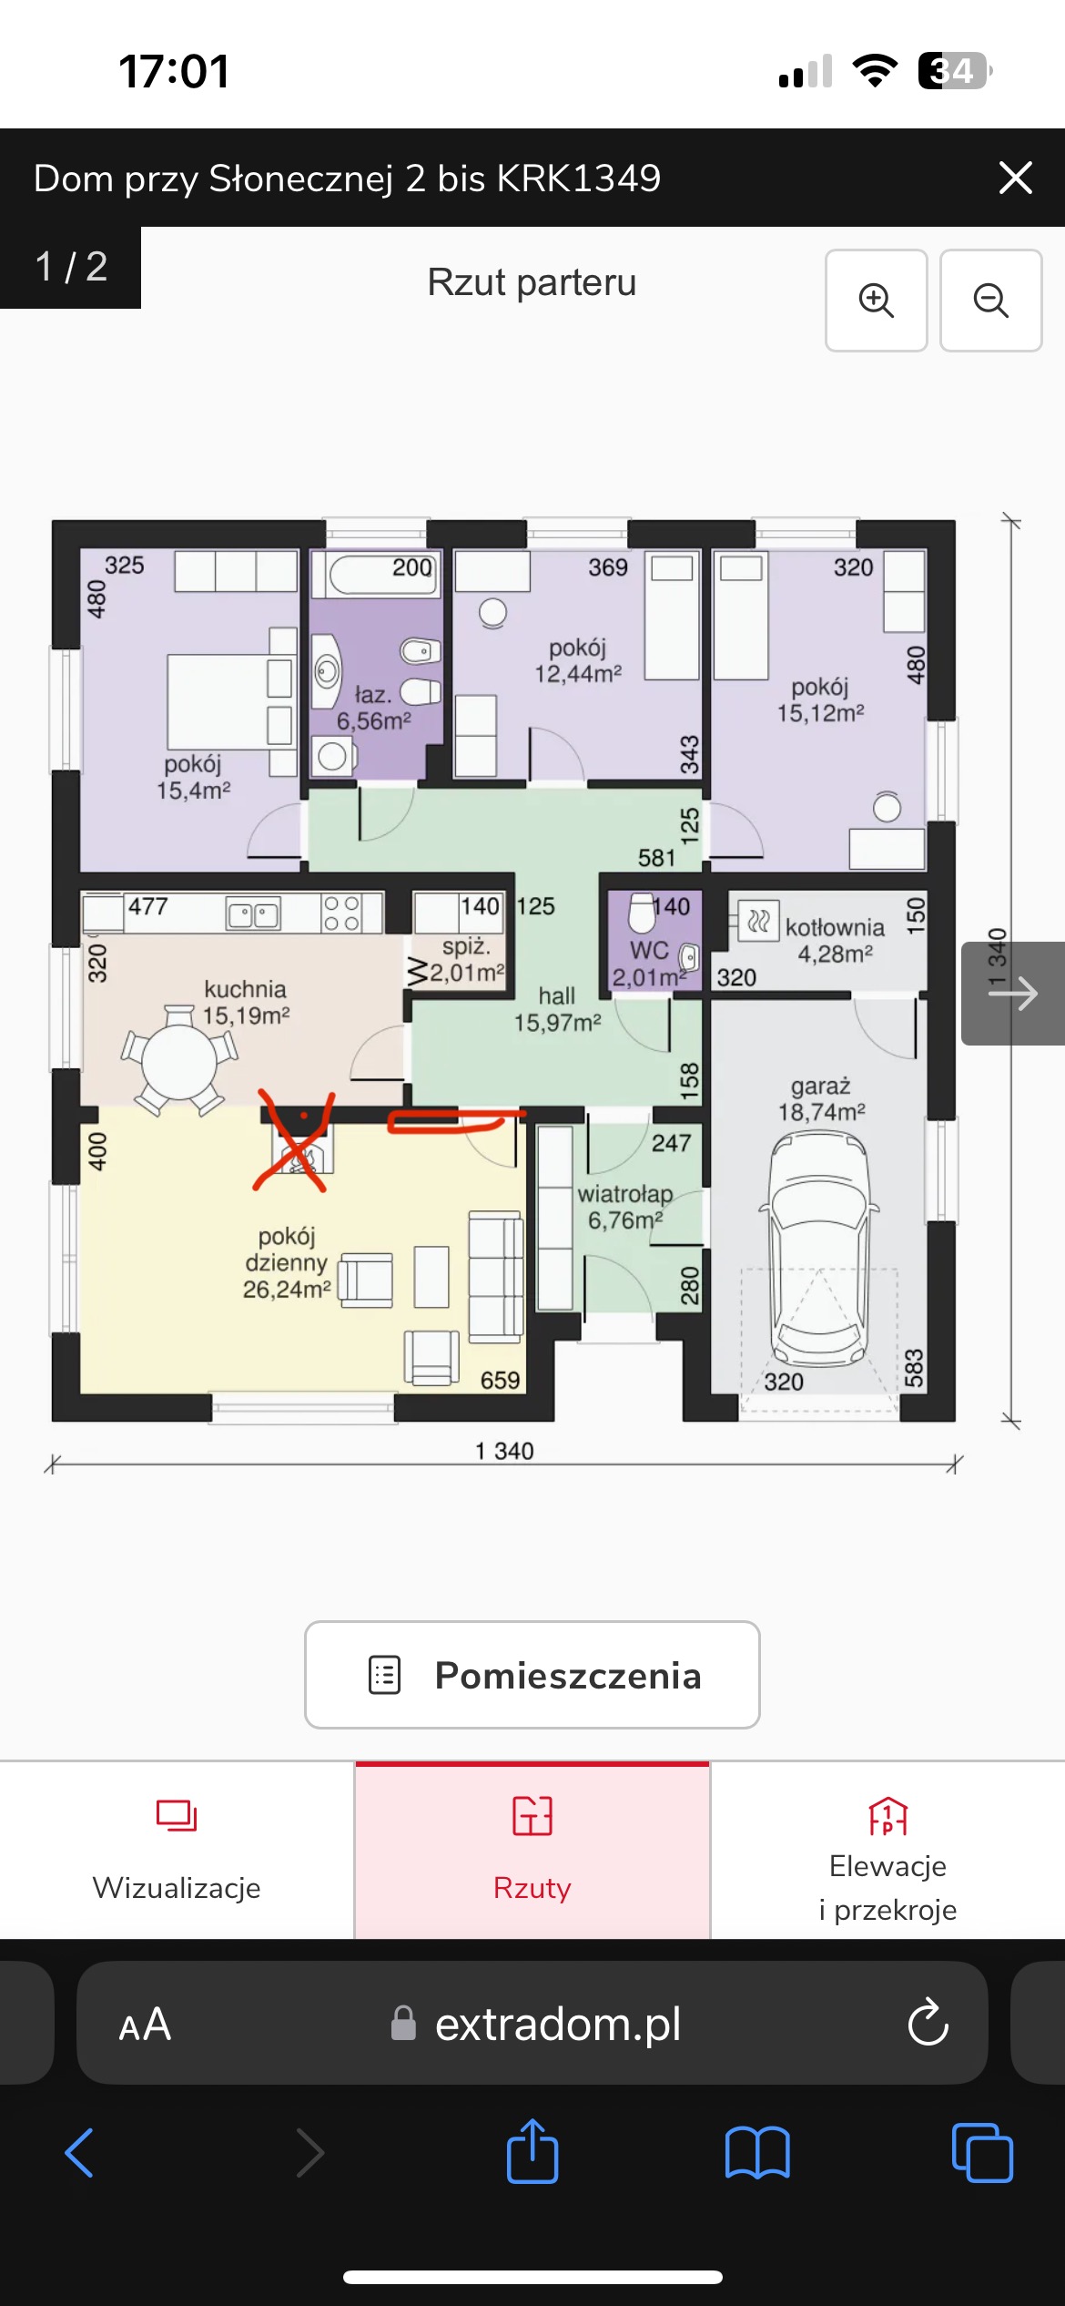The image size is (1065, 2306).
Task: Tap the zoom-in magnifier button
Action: point(876,300)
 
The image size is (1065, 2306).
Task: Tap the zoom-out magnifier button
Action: point(990,300)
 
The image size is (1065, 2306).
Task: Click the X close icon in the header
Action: point(1015,178)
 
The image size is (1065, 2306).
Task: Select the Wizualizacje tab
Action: point(177,1850)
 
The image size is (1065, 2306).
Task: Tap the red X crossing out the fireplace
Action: point(293,1140)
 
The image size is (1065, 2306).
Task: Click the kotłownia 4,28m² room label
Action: point(835,941)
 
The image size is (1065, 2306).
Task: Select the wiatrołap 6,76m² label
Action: point(625,1207)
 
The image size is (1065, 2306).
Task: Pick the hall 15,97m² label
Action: point(557,1009)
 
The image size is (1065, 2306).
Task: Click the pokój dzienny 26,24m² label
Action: point(287,1262)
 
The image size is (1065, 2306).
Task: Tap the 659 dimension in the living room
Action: point(500,1381)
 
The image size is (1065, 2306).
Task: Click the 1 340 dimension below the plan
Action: point(504,1451)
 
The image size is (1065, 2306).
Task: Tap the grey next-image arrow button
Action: point(1013,993)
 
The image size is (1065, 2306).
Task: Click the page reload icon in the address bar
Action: point(928,2022)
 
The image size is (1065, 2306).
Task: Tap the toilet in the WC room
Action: point(642,913)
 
